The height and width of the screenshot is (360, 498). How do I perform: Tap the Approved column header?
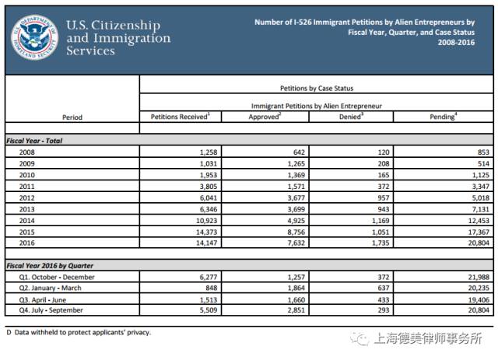tap(264, 117)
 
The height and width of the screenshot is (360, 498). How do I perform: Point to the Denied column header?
tap(352, 117)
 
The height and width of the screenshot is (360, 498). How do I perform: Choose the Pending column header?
tap(443, 117)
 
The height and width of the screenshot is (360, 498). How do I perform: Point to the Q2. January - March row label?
tap(56, 288)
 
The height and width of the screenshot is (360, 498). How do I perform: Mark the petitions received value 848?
tap(211, 288)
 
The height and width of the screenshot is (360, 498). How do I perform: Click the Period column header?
tap(72, 117)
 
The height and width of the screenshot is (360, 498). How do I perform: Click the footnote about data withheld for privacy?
tap(78, 332)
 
